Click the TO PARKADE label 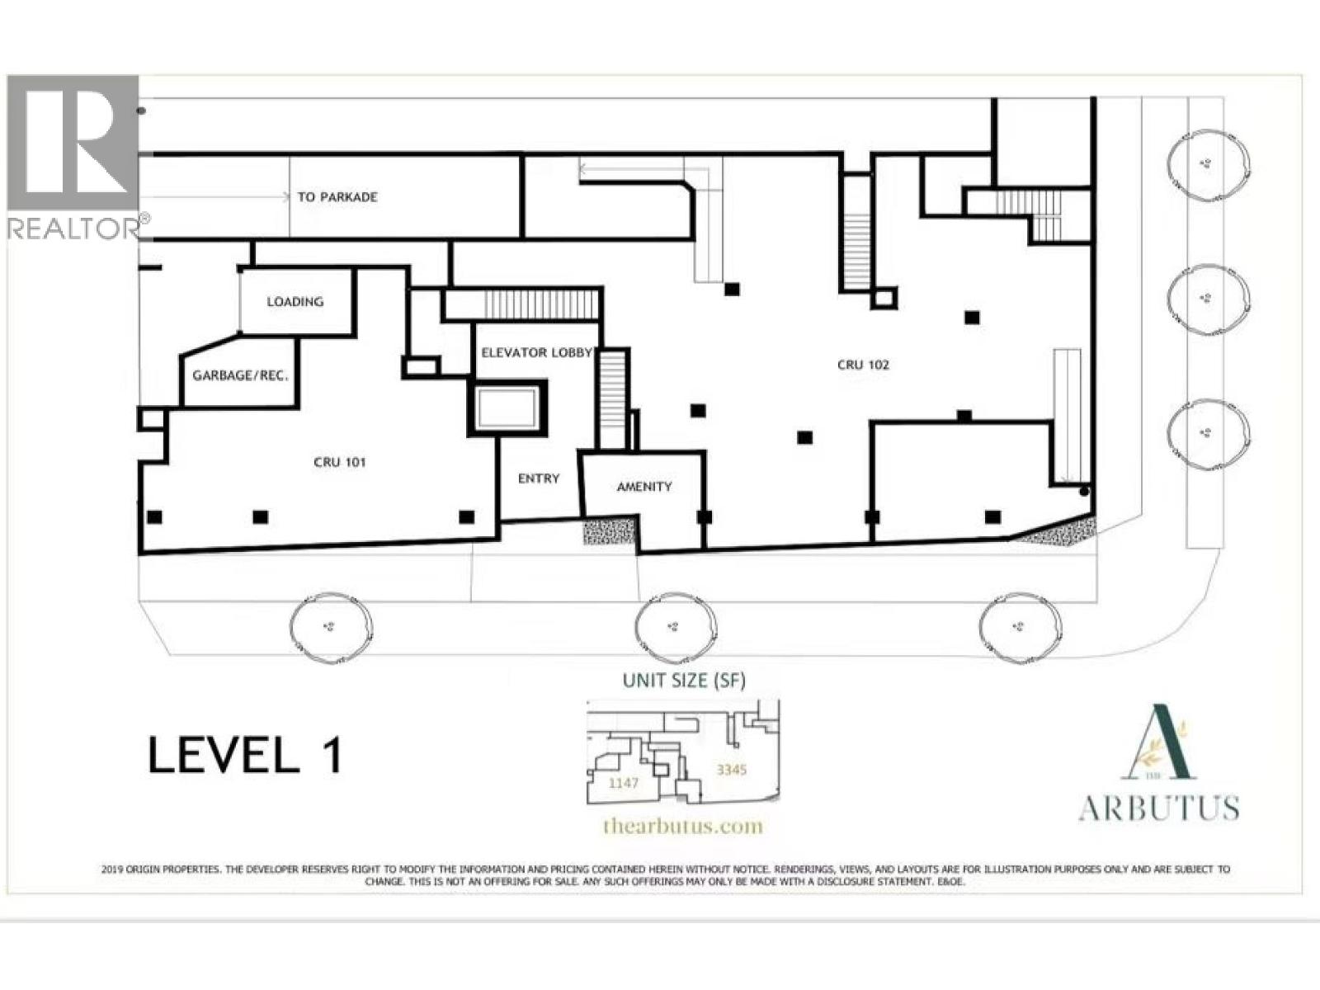click(x=337, y=197)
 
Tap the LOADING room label click(x=295, y=302)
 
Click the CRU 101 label click(x=339, y=462)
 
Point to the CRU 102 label click(x=863, y=365)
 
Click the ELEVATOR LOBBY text click(x=537, y=352)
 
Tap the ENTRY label click(x=539, y=478)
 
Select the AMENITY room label click(x=644, y=487)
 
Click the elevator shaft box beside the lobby click(x=507, y=408)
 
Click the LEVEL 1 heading click(x=245, y=755)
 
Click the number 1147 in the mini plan click(x=623, y=783)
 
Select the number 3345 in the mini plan click(x=732, y=770)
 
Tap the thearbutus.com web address click(x=683, y=826)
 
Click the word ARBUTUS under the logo click(x=1158, y=808)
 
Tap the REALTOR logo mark click(x=74, y=157)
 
